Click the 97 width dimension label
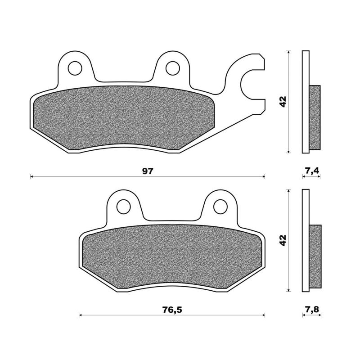[148, 171]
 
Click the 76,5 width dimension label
[171, 310]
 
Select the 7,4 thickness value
[312, 171]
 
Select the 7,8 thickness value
[312, 310]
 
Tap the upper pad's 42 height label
[283, 102]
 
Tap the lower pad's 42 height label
[283, 240]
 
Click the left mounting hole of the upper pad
[75, 68]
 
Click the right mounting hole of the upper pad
[172, 68]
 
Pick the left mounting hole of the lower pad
[123, 207]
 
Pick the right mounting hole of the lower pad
[220, 207]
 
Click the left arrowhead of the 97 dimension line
[31, 177]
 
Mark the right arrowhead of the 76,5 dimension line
[263, 315]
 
